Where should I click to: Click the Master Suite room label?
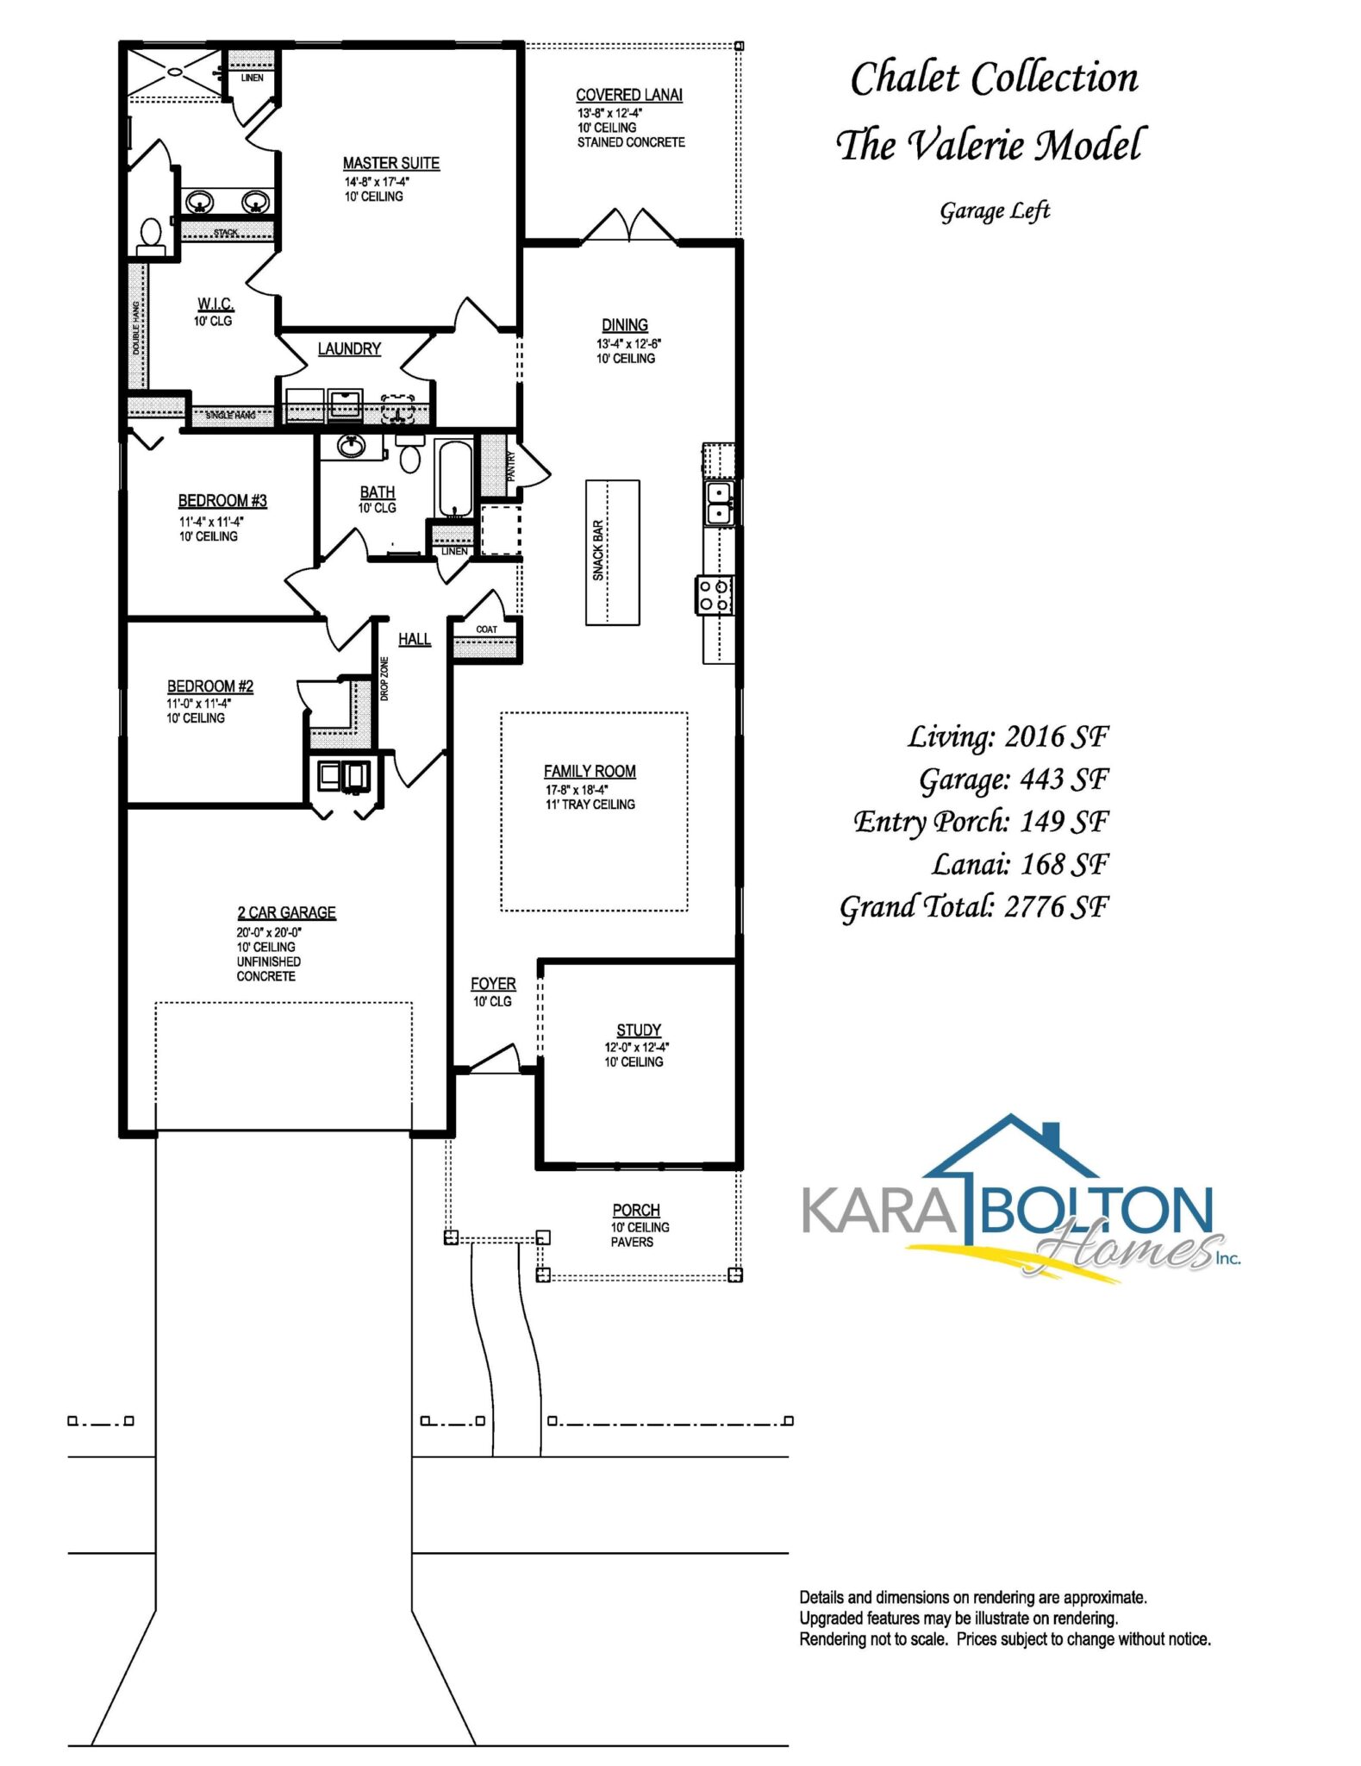(x=391, y=163)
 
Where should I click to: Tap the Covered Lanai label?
(x=629, y=95)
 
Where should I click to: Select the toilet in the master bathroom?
(x=151, y=235)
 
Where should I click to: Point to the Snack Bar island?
(x=612, y=552)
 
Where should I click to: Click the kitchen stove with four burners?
(x=715, y=595)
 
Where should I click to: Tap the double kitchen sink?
(x=719, y=503)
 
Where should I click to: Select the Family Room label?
(x=590, y=771)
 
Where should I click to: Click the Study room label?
(x=639, y=1030)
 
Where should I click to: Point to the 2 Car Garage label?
(x=286, y=912)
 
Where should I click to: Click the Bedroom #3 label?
(x=222, y=500)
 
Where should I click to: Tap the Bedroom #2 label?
(x=210, y=686)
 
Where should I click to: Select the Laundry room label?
(x=349, y=348)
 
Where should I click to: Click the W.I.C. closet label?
(x=215, y=304)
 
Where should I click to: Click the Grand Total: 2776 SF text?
(x=974, y=907)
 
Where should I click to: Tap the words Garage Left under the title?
(x=995, y=211)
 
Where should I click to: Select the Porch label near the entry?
(x=636, y=1210)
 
